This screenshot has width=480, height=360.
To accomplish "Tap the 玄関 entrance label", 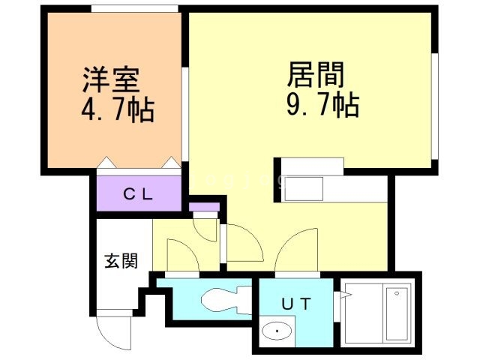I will pos(120,262).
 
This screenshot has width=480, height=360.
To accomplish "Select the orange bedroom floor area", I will pos(112,135).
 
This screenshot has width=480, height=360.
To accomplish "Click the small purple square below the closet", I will pos(204,206).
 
